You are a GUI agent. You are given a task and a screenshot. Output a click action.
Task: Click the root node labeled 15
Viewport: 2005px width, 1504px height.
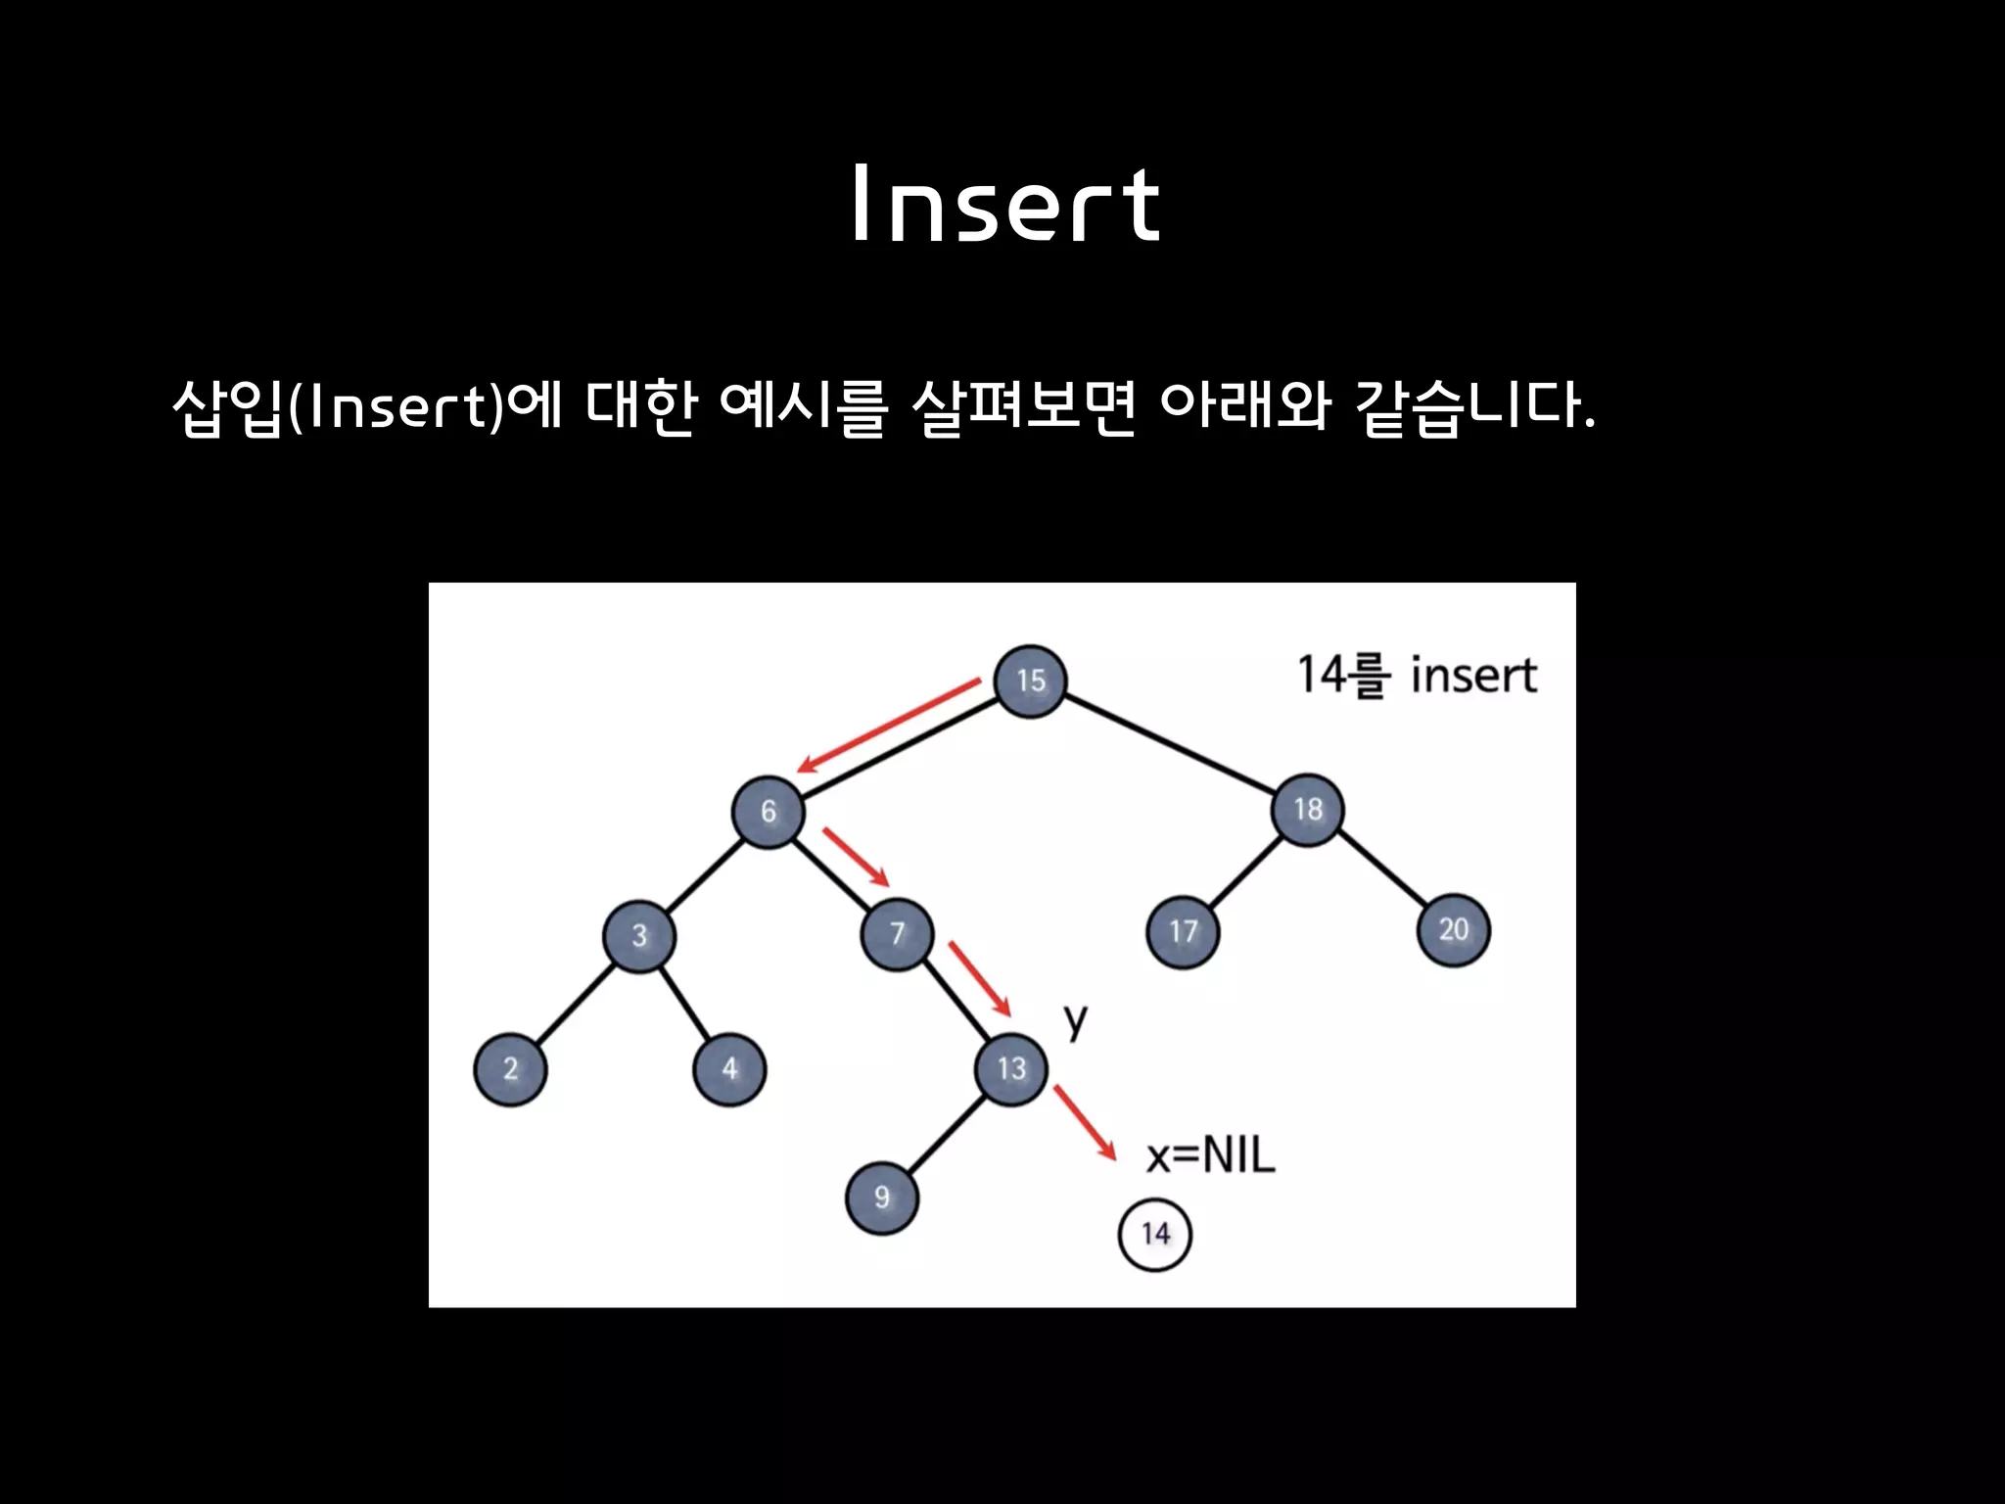pyautogui.click(x=1029, y=681)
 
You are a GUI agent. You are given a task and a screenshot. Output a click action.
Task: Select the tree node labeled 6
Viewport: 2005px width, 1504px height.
pyautogui.click(x=769, y=812)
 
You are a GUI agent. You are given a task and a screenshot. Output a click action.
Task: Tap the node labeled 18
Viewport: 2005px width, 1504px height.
pyautogui.click(x=1308, y=810)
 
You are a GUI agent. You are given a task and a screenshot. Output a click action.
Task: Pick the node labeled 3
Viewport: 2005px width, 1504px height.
pyautogui.click(x=639, y=935)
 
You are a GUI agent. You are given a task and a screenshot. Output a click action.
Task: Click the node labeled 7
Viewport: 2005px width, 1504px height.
pyautogui.click(x=897, y=933)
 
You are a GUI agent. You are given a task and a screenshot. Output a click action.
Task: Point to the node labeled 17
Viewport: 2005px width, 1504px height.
pyautogui.click(x=1183, y=931)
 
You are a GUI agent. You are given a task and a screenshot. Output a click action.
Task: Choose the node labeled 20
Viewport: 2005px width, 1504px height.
pyautogui.click(x=1453, y=929)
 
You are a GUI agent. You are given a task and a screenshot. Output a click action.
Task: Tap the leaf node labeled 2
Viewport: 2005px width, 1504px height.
pyautogui.click(x=510, y=1068)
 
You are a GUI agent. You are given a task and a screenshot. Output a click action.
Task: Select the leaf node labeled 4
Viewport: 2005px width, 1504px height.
pyautogui.click(x=729, y=1068)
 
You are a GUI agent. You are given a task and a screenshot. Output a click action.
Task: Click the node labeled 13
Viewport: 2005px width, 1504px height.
pyautogui.click(x=1011, y=1068)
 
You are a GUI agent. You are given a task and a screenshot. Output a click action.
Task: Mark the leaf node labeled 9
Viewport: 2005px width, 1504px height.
pyautogui.click(x=881, y=1197)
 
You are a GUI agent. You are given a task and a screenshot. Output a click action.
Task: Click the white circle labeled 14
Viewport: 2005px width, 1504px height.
pyautogui.click(x=1155, y=1234)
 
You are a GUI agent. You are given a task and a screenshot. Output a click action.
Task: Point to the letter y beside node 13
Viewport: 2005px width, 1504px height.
pyautogui.click(x=1076, y=1020)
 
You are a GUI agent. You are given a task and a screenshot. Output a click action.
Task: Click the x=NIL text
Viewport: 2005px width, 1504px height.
pyautogui.click(x=1211, y=1155)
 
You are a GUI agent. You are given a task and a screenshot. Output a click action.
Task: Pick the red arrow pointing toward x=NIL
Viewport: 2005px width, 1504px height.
pyautogui.click(x=1085, y=1123)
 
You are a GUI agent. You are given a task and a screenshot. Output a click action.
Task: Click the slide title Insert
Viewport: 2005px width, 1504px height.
pyautogui.click(x=1005, y=205)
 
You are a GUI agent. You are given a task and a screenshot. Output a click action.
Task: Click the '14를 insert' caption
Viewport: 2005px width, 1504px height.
pyautogui.click(x=1416, y=676)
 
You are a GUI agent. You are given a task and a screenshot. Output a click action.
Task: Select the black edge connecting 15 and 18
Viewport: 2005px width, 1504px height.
pyautogui.click(x=1170, y=746)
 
